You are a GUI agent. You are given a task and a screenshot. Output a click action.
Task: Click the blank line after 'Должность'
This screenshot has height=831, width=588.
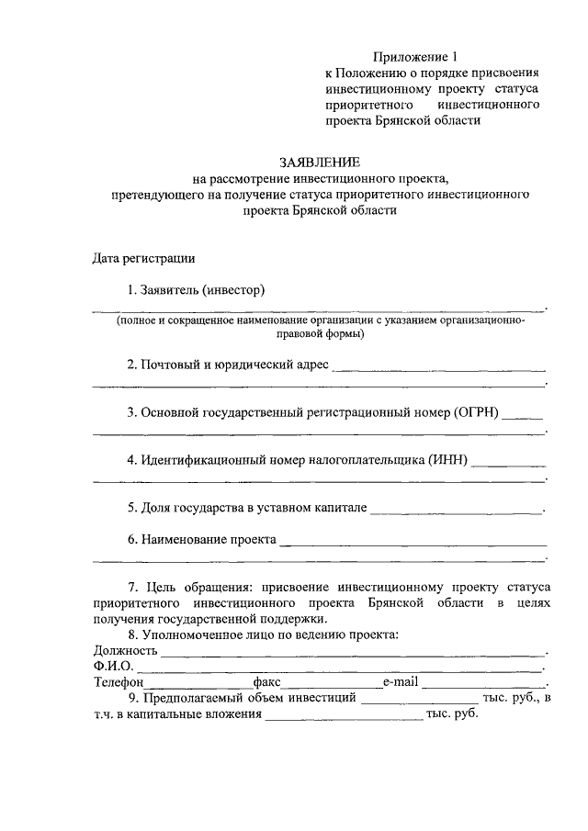(354, 654)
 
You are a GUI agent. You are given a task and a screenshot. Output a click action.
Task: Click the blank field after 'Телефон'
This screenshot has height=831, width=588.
(198, 685)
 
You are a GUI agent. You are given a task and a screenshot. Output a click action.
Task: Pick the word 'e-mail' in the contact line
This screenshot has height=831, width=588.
(401, 682)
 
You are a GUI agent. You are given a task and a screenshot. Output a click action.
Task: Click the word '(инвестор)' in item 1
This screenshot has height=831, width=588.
(234, 291)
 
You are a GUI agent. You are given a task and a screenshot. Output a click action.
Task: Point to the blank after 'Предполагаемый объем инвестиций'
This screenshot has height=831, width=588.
(418, 702)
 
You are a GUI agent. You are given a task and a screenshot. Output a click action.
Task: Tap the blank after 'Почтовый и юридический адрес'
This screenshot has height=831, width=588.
(438, 369)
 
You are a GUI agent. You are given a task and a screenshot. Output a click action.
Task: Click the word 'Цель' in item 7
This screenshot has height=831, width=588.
(172, 586)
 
